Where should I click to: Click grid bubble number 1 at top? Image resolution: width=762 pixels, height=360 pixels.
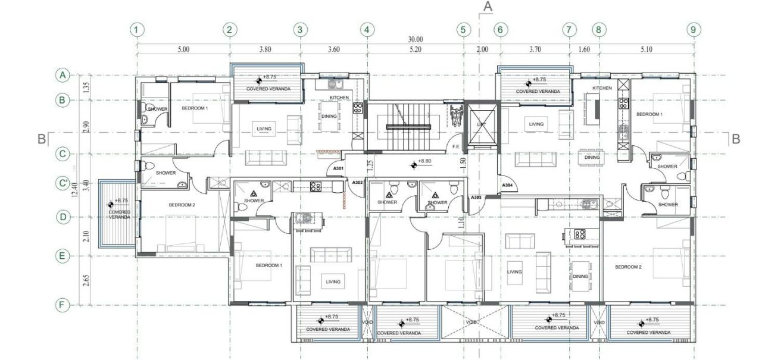[138, 29]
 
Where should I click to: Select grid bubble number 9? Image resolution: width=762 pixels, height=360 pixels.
[692, 29]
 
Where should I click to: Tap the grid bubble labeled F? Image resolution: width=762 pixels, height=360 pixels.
[61, 305]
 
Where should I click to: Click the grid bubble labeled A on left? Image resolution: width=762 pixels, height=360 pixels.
[61, 75]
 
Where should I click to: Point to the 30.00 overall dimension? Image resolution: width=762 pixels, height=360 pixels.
[416, 39]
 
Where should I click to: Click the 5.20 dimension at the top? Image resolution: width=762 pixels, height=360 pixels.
[416, 50]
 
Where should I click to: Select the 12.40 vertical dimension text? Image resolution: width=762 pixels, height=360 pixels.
[75, 190]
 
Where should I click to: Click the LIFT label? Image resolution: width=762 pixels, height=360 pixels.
[481, 124]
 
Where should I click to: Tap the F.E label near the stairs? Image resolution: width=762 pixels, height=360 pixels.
[455, 146]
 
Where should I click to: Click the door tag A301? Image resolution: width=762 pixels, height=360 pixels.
[339, 170]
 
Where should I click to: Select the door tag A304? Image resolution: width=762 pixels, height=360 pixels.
[507, 186]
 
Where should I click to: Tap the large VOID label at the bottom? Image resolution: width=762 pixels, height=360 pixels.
[472, 322]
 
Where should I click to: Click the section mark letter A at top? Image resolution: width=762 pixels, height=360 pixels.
[488, 7]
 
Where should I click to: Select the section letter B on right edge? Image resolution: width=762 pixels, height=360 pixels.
[736, 139]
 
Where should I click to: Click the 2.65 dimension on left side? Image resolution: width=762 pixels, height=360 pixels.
[86, 280]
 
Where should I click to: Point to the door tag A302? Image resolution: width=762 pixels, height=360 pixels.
[358, 182]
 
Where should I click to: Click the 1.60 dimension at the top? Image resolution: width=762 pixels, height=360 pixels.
[584, 50]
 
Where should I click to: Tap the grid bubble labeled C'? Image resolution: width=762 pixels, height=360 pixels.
[61, 184]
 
